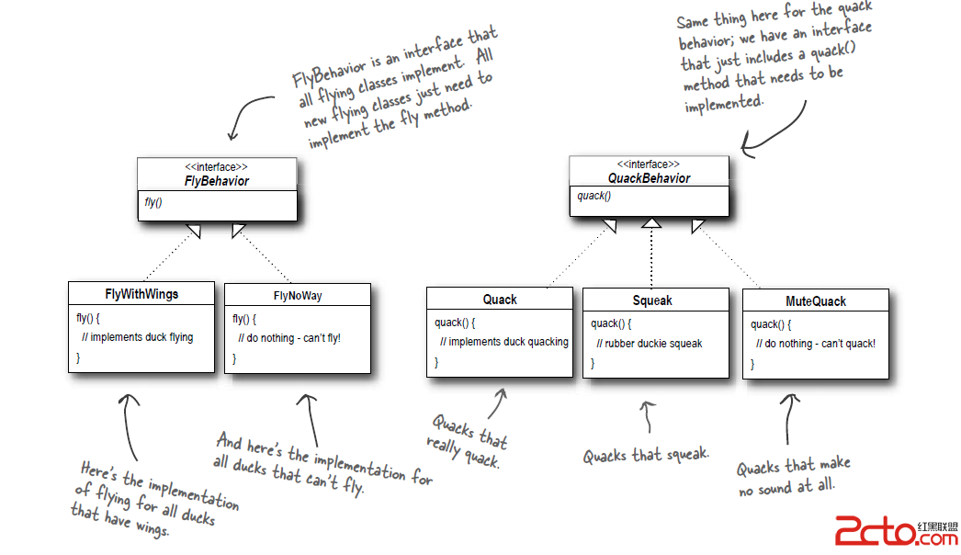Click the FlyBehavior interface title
[x=217, y=181]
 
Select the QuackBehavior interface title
[x=649, y=178]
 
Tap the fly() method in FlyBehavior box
[x=153, y=202]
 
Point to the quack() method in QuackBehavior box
[x=594, y=197]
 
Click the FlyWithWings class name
[x=141, y=294]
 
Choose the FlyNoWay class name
[x=298, y=296]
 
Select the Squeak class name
[x=652, y=300]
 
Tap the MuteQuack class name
[x=816, y=301]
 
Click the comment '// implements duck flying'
[x=137, y=337]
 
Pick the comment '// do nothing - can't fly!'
[x=289, y=338]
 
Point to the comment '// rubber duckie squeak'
[x=649, y=344]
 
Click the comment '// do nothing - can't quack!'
[x=816, y=344]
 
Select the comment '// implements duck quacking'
[x=503, y=342]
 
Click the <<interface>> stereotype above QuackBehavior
[x=649, y=164]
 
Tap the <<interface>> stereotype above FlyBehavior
[x=216, y=167]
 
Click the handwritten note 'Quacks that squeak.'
[x=646, y=456]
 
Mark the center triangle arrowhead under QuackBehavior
[x=651, y=222]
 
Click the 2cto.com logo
[x=896, y=530]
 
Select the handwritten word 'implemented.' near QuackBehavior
[x=724, y=104]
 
